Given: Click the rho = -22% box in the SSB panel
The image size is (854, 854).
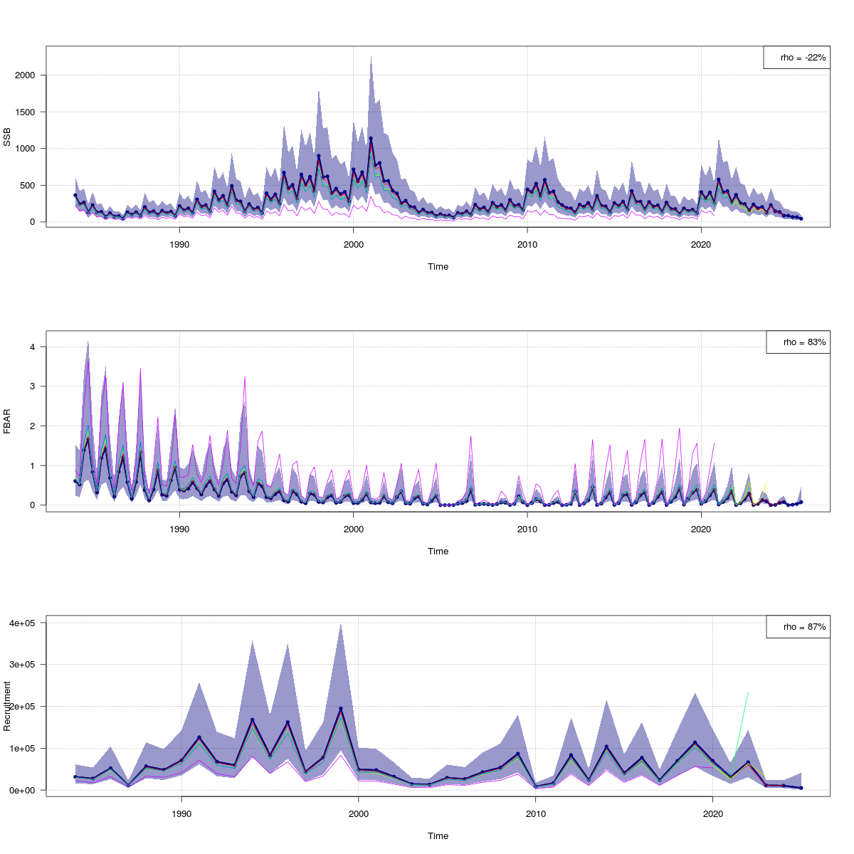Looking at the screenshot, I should point(796,58).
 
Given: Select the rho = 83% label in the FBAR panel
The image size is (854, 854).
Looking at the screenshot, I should point(798,342).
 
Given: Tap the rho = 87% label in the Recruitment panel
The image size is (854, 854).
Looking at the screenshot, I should point(798,627).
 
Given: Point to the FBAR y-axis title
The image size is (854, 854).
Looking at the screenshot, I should point(8,421).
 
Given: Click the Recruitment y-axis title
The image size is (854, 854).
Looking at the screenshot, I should point(8,705).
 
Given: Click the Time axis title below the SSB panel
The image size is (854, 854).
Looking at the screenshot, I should point(438,267).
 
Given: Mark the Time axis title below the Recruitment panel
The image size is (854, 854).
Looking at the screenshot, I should point(438,836).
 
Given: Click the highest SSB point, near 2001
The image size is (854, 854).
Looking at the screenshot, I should point(371,138).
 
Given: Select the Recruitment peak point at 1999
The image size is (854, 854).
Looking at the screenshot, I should point(341,709).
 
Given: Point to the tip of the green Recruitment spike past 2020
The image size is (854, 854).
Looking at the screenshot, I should point(748,692).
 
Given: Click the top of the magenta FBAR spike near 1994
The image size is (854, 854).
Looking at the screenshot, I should point(245,376).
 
